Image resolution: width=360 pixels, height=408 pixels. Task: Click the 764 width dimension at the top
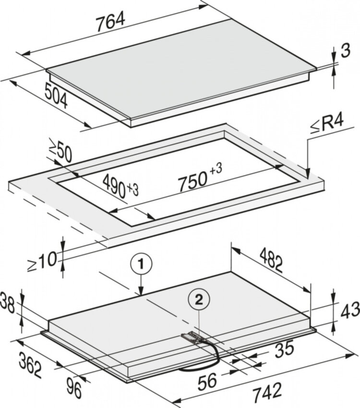coord(111,23)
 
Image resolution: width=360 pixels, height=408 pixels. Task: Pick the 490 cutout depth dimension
coord(120,186)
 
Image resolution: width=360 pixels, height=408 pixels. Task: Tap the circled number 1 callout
coord(141,265)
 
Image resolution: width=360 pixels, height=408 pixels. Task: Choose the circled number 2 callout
coord(199,300)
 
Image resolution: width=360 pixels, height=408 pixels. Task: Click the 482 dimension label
coord(271,260)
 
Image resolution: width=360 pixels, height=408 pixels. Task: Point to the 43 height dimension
coord(350,312)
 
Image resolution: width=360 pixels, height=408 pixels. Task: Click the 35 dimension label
coord(284,349)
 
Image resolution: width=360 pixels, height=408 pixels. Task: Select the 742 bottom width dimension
coord(267,392)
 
